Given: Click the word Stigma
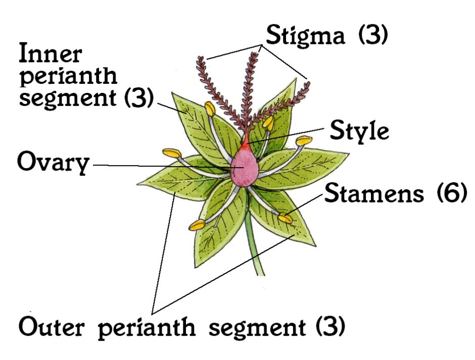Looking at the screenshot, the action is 305,36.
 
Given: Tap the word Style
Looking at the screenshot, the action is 359,131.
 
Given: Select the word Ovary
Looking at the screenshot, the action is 54,162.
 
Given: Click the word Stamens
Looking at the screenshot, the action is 374,193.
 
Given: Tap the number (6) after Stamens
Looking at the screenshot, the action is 451,193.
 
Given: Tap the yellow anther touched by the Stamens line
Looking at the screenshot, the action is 286,218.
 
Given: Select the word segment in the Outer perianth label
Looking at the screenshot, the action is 257,328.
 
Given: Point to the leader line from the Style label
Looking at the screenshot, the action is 287,135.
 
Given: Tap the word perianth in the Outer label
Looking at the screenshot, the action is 147,328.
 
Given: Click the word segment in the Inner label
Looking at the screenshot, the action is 67,98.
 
